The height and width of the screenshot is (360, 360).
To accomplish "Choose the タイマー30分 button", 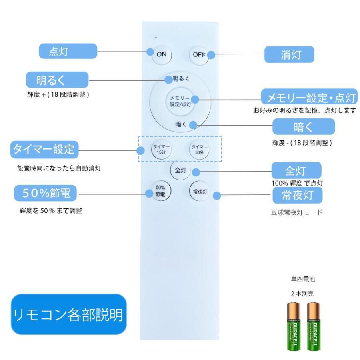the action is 199,149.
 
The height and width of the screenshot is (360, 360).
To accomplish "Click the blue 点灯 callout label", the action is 68,52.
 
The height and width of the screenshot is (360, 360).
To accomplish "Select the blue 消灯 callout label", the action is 289,54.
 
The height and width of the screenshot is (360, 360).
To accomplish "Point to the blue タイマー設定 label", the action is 44,150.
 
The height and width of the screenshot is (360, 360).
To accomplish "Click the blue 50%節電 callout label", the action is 46,194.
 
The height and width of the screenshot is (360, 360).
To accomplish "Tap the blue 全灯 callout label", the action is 296,170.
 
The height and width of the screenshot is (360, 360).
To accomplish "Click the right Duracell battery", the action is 314,326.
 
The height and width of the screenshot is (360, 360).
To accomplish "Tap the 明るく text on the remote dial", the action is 181,79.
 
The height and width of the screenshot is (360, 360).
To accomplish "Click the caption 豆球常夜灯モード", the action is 296,212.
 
